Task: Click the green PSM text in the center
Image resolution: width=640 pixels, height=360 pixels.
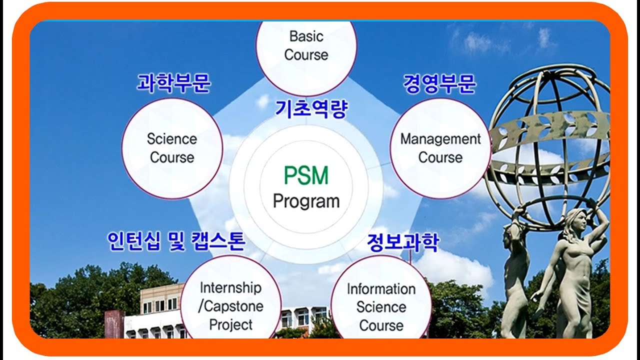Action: (306, 176)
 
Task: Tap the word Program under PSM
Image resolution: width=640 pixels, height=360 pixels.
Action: (306, 201)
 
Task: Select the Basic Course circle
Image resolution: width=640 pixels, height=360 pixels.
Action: (306, 50)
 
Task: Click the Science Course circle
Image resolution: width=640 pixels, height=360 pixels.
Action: (172, 148)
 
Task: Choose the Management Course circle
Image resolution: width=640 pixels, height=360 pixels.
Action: (440, 148)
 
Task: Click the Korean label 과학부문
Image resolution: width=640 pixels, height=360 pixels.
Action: (173, 83)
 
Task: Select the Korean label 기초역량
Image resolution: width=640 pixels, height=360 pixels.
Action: (310, 108)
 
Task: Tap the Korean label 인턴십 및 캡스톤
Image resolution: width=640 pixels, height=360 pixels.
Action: (176, 241)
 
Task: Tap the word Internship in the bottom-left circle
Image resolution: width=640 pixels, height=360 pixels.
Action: (230, 287)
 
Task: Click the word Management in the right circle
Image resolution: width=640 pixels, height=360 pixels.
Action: (440, 139)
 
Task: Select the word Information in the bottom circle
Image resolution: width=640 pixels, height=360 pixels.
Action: (381, 289)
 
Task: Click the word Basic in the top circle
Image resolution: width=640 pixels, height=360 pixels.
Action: (306, 36)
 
